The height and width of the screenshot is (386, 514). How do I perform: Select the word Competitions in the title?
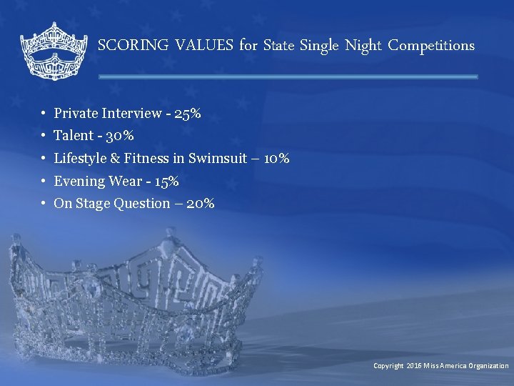[431, 46]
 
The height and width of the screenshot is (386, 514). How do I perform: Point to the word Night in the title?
[363, 46]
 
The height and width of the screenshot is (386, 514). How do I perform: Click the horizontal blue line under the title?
[288, 76]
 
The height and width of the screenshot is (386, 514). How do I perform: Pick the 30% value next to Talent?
[120, 136]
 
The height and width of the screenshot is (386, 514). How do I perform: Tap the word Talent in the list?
[74, 136]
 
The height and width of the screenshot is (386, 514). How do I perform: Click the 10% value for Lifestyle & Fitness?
[276, 159]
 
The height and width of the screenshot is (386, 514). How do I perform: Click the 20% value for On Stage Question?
[200, 204]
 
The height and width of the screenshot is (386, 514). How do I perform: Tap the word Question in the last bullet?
[142, 204]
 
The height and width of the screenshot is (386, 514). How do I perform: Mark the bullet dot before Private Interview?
[44, 114]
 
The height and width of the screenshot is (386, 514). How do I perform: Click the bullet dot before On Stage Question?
[44, 204]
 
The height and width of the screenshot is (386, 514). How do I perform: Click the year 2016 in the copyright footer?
[414, 366]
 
